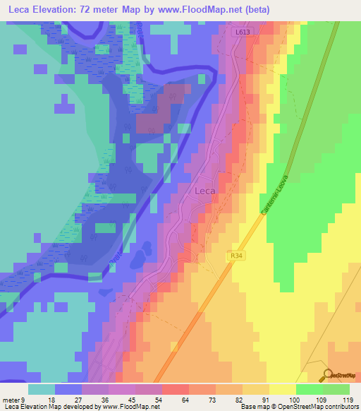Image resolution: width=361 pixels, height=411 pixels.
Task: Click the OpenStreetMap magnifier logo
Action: (328, 375)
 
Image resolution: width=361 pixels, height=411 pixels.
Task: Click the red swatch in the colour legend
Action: (175, 389)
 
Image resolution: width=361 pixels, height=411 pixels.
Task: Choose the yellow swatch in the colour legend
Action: (282, 389)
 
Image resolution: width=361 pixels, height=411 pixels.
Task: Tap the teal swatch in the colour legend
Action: (42, 389)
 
